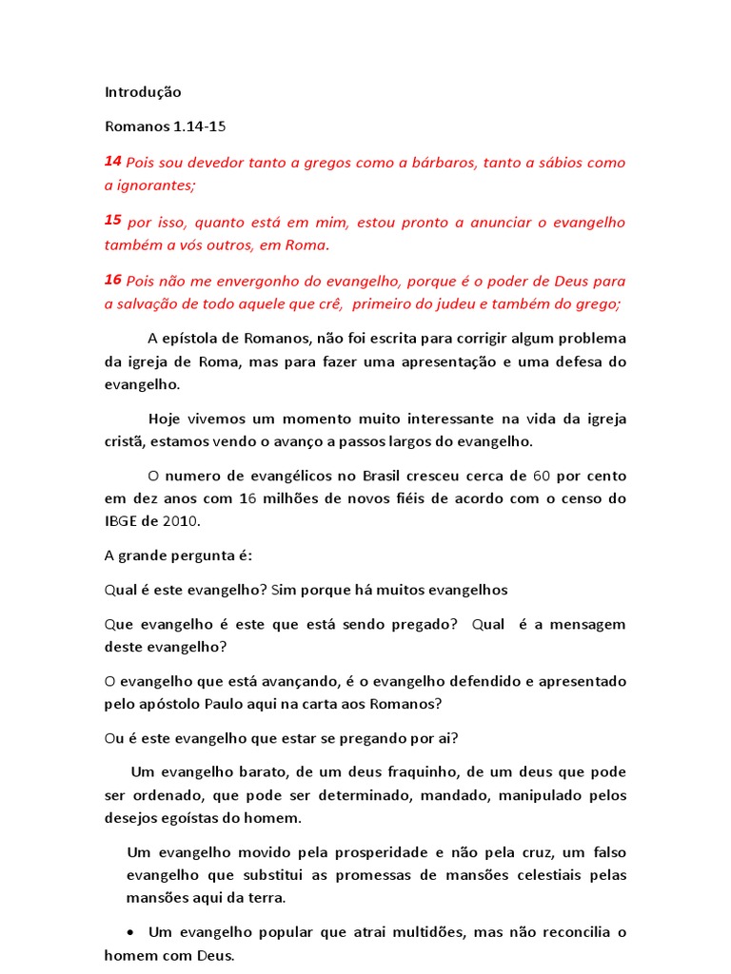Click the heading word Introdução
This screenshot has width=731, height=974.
pyautogui.click(x=142, y=92)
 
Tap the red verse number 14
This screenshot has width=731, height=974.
pyautogui.click(x=112, y=162)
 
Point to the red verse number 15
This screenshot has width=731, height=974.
pyautogui.click(x=112, y=220)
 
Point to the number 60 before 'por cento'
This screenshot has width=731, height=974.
pyautogui.click(x=542, y=476)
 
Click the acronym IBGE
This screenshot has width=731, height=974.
pyautogui.click(x=122, y=521)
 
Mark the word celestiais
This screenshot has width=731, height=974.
pyautogui.click(x=533, y=875)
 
